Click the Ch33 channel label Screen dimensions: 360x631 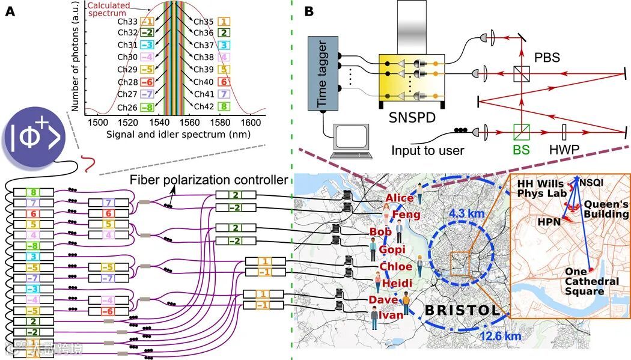pos(128,20)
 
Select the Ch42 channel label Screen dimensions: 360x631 pos(204,107)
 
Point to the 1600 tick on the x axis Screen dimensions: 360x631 pos(257,123)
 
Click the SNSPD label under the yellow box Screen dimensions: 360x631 pos(412,117)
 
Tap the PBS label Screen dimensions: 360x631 pos(547,58)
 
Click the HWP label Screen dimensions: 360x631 pos(562,149)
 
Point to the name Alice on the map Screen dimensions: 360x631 pos(400,198)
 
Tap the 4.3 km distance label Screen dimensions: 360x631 pos(466,212)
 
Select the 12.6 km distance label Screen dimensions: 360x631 pos(501,336)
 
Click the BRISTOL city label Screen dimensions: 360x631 pos(462,311)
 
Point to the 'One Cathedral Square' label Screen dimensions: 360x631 pos(591,281)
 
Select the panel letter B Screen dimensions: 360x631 pos(309,11)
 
